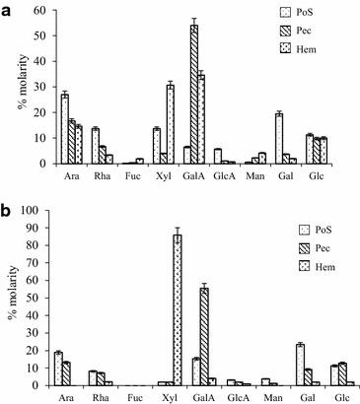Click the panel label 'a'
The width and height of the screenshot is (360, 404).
(x=8, y=8)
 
